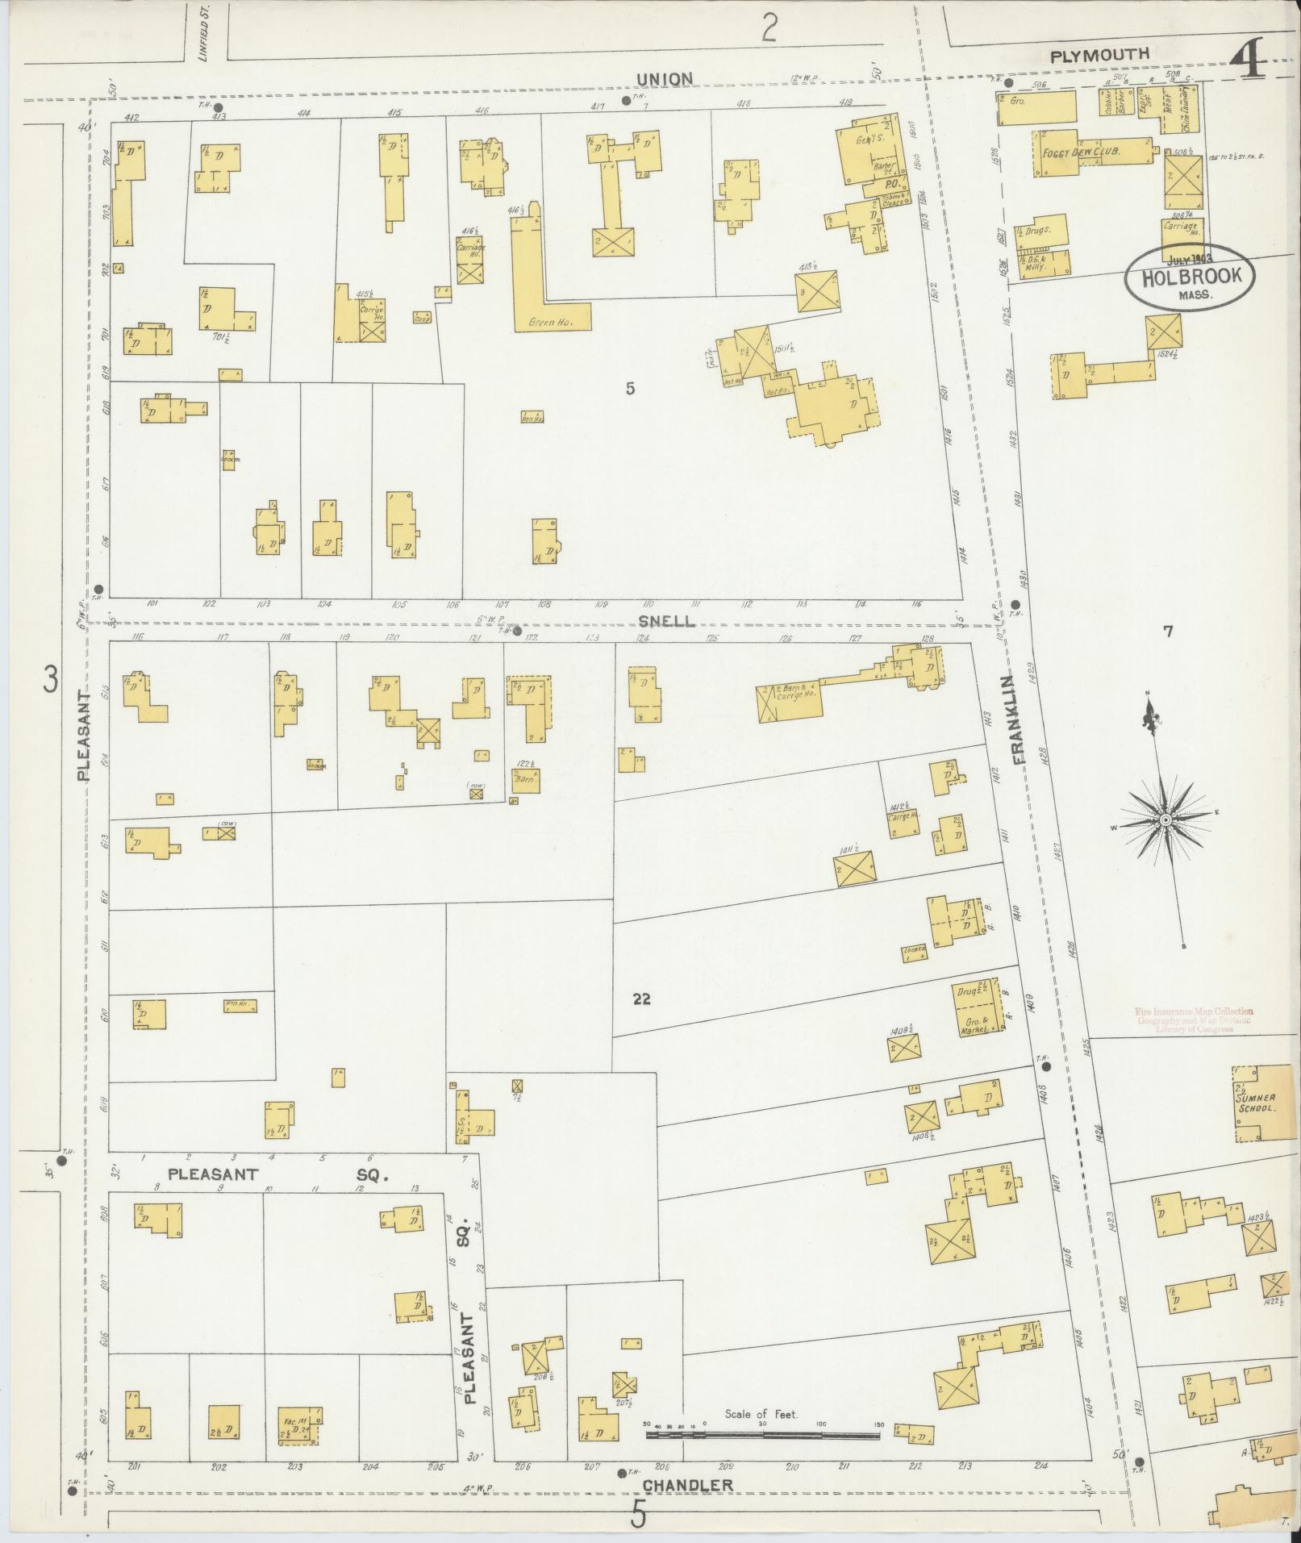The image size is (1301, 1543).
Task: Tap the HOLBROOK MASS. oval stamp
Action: [1190, 277]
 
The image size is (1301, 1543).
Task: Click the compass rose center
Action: [1165, 820]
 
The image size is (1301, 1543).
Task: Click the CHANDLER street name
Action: [688, 1485]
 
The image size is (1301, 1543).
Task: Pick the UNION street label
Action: [663, 78]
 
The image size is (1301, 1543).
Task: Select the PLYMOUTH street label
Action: [1099, 55]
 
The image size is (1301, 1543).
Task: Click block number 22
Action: [641, 999]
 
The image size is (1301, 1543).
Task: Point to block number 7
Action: [1166, 632]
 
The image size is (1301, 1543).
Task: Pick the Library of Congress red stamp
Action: [1194, 1020]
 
